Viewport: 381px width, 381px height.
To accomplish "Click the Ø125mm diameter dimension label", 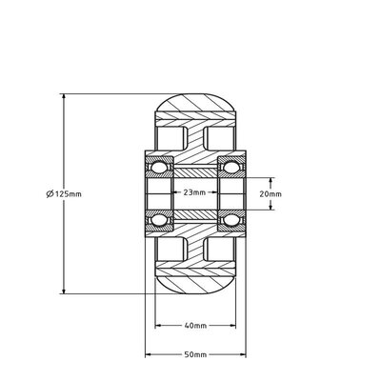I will [x=64, y=193].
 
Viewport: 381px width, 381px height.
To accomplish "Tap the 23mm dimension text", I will [x=194, y=192].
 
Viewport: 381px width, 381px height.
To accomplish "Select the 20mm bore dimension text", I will [x=271, y=192].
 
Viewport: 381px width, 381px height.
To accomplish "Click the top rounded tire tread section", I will [x=194, y=102].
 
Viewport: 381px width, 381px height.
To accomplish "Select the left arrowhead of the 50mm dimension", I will [x=149, y=355].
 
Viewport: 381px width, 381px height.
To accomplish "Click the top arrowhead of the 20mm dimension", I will [x=271, y=178].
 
